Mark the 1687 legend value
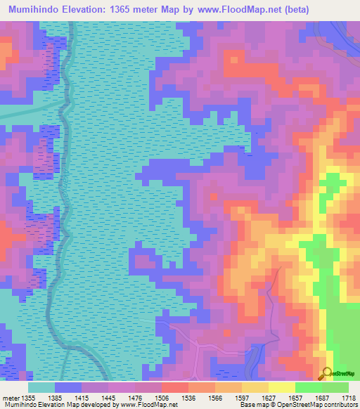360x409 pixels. click(327, 398)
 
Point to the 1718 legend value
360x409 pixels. click(349, 398)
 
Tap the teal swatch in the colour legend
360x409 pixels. click(41, 387)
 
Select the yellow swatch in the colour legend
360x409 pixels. click(282, 387)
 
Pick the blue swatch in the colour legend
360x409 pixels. click(68, 387)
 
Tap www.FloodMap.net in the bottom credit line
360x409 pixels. click(146, 405)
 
